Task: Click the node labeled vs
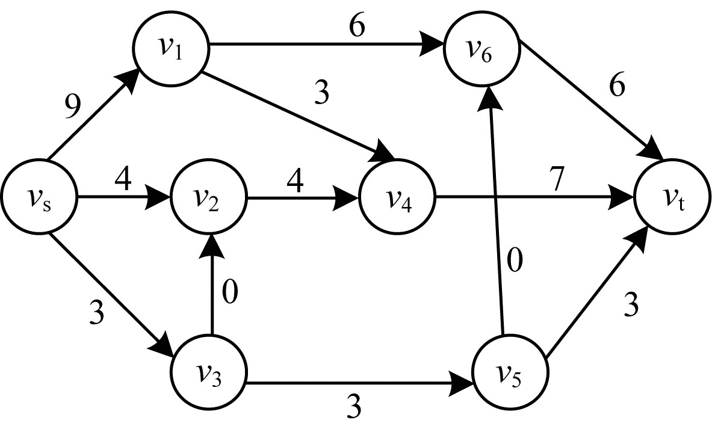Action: tap(39, 197)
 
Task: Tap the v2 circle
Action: tap(209, 197)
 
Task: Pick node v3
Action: tap(209, 372)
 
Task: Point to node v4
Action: tap(397, 197)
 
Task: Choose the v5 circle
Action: tap(510, 373)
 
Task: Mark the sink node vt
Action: tap(672, 197)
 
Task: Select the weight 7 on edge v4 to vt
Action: tap(557, 179)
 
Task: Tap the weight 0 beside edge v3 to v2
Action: tap(230, 291)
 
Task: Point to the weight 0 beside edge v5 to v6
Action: tap(514, 260)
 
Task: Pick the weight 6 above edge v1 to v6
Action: tap(357, 26)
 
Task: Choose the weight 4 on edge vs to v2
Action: tap(123, 179)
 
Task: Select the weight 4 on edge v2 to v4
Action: tap(295, 181)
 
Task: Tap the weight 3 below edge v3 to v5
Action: tap(353, 406)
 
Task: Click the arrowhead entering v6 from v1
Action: tap(433, 45)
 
